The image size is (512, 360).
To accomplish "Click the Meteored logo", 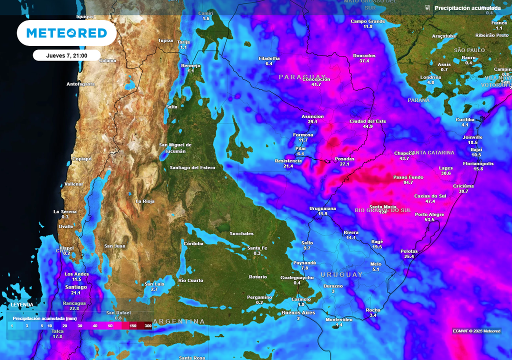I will pyautogui.click(x=66, y=33).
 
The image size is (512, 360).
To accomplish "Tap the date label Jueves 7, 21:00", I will pyautogui.click(x=66, y=55).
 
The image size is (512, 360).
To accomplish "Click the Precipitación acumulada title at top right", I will pyautogui.click(x=467, y=8).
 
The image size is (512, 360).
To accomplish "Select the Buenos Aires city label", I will pyautogui.click(x=297, y=312).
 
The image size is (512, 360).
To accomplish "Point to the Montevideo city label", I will pyautogui.click(x=339, y=319).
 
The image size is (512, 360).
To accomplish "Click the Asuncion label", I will pyautogui.click(x=313, y=116).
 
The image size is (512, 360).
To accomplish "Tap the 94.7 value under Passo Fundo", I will pyautogui.click(x=408, y=183).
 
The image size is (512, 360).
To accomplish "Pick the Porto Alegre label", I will pyautogui.click(x=429, y=214).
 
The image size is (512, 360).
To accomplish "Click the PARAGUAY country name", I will pyautogui.click(x=295, y=77).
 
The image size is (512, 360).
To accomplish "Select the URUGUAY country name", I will pyautogui.click(x=341, y=274).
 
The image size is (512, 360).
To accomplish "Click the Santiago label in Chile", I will pyautogui.click(x=76, y=287).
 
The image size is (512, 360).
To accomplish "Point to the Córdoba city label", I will pyautogui.click(x=193, y=243).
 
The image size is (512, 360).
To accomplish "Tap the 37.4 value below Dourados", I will pyautogui.click(x=364, y=61).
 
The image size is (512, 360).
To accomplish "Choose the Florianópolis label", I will pyautogui.click(x=478, y=163).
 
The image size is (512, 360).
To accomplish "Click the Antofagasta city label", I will pyautogui.click(x=80, y=84).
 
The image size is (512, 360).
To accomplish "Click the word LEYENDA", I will pyautogui.click(x=22, y=304).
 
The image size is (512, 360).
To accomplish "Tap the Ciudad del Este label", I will pyautogui.click(x=367, y=121).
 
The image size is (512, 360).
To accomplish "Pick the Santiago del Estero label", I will pyautogui.click(x=192, y=167).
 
